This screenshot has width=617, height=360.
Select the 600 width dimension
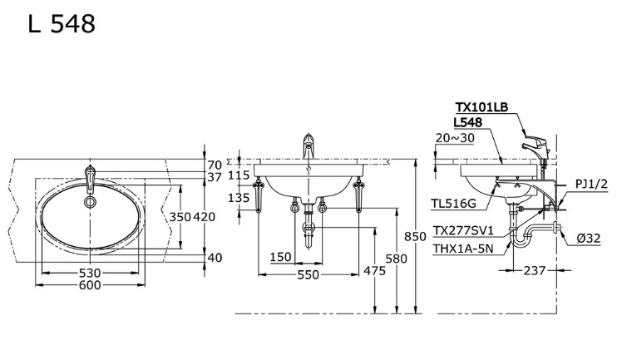click(90, 285)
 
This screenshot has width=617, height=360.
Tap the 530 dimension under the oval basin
click(90, 273)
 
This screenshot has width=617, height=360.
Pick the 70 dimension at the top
click(215, 165)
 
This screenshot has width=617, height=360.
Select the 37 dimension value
click(215, 177)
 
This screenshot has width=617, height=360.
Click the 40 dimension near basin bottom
click(215, 258)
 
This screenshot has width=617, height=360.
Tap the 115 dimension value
click(239, 175)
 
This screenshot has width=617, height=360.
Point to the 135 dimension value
click(239, 198)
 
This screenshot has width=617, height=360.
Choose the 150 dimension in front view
click(281, 258)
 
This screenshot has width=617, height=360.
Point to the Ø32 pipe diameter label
click(590, 239)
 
